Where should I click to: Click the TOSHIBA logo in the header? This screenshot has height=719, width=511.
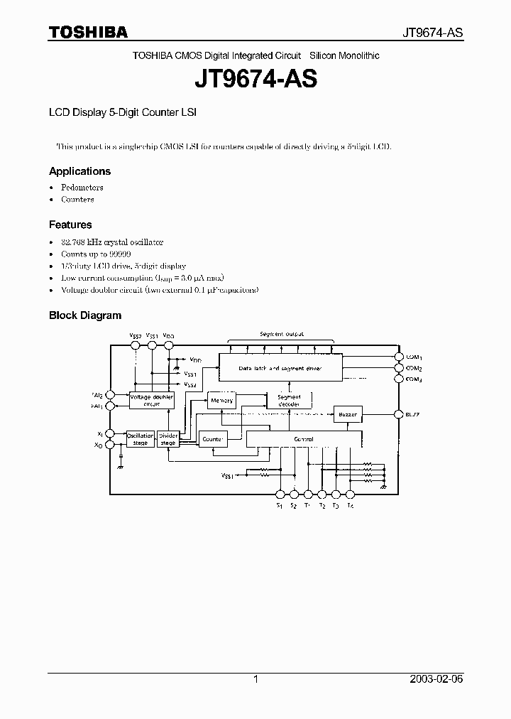(x=88, y=32)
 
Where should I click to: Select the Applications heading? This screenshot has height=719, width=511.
(x=79, y=171)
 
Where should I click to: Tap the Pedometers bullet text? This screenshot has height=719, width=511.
(x=82, y=188)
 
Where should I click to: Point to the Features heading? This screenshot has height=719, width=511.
(x=70, y=225)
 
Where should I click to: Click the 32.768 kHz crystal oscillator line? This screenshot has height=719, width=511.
(x=112, y=242)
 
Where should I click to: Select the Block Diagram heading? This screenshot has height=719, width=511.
(x=85, y=315)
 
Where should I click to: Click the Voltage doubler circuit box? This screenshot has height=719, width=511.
(x=151, y=400)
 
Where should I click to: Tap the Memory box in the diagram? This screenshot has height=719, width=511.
(x=221, y=401)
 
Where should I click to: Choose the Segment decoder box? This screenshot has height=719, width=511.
(x=289, y=400)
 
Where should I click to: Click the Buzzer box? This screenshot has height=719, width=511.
(x=348, y=413)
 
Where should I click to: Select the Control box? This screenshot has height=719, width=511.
(x=303, y=439)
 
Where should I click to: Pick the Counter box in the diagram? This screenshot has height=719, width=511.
(x=212, y=440)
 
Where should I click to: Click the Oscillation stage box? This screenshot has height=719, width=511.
(x=140, y=439)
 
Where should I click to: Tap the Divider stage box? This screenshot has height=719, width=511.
(x=168, y=439)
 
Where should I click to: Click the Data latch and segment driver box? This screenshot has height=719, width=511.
(x=280, y=368)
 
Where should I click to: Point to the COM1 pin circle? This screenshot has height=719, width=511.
(x=398, y=357)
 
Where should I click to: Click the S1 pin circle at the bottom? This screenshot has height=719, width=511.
(x=280, y=494)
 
